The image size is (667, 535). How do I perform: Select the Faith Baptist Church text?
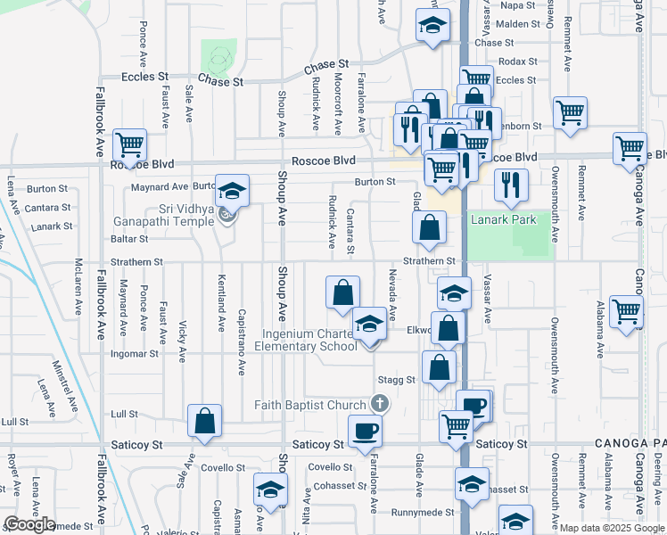click(x=310, y=405)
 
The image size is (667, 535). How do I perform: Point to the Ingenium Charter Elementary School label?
click(x=309, y=341)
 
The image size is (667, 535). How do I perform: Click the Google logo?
click(x=29, y=524)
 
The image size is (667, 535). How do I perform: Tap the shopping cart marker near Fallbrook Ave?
click(x=130, y=144)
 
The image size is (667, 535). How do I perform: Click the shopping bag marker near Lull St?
click(x=204, y=422)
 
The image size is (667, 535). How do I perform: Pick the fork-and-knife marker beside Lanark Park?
click(x=511, y=185)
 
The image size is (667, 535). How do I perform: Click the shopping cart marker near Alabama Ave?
click(x=627, y=311)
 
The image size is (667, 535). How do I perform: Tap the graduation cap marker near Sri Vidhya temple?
click(x=232, y=191)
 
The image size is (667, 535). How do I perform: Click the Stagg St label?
click(x=397, y=380)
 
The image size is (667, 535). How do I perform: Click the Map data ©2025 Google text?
click(x=611, y=528)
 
